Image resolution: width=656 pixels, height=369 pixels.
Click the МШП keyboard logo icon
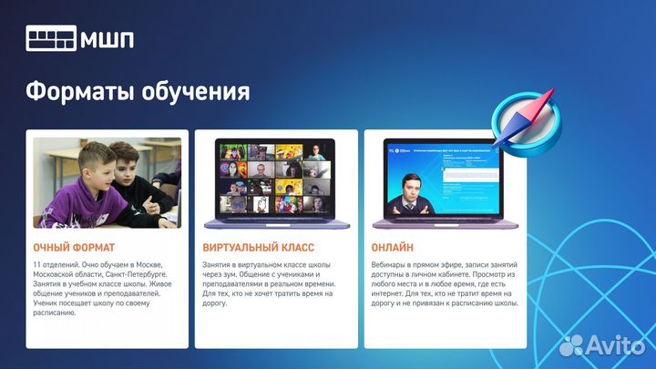click(x=51, y=40)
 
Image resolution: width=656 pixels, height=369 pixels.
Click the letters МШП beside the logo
click(x=108, y=40)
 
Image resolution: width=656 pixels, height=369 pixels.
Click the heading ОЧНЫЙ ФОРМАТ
click(x=74, y=247)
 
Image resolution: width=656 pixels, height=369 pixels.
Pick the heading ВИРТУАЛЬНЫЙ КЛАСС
click(x=258, y=247)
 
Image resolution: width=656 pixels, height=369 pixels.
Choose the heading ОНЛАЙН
click(x=393, y=247)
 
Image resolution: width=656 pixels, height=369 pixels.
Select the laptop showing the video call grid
click(x=276, y=182)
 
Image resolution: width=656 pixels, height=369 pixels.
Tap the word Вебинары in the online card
click(x=393, y=264)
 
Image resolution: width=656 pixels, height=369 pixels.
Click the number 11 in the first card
click(x=37, y=264)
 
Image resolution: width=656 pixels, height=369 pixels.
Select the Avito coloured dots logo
click(x=572, y=344)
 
